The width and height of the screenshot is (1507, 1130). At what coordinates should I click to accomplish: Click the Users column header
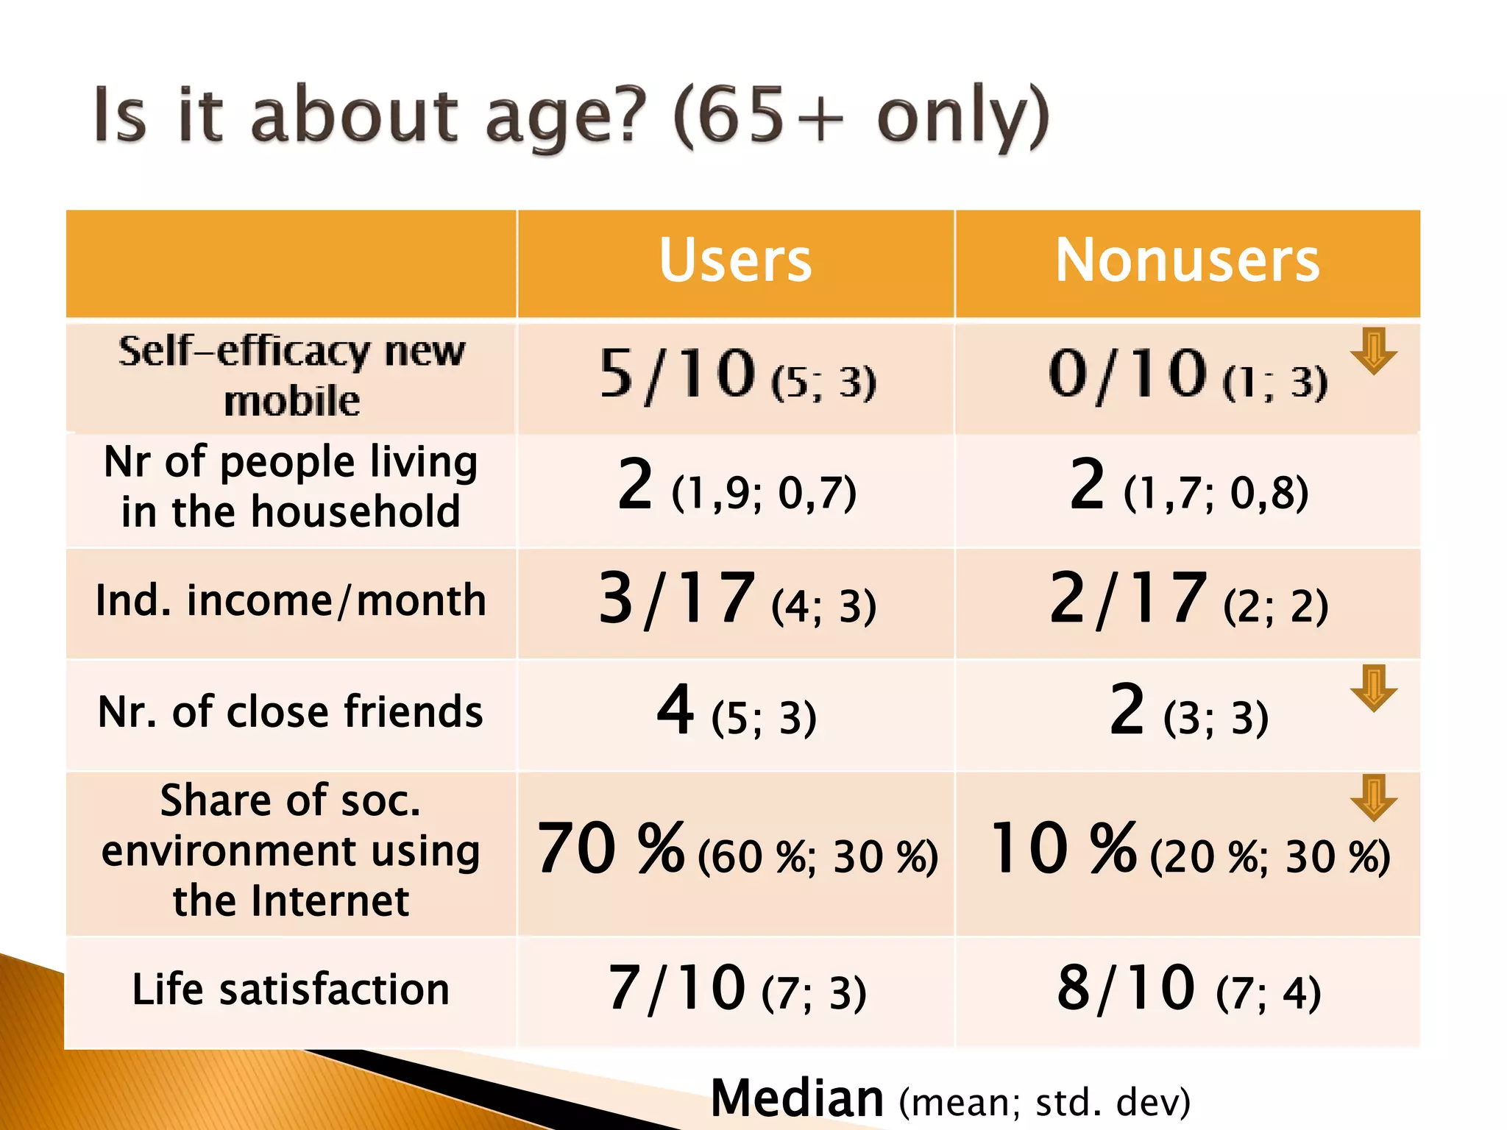[735, 261]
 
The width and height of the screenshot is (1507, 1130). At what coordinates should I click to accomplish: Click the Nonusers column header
[1187, 261]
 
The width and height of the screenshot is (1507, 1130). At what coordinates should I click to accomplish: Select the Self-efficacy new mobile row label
[291, 376]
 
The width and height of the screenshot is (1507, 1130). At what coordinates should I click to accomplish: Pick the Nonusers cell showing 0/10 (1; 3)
[1187, 377]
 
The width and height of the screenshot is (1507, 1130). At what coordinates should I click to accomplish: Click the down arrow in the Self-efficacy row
[1373, 351]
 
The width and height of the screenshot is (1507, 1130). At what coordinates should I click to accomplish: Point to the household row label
[291, 486]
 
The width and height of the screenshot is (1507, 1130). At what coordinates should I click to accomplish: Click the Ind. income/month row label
[291, 600]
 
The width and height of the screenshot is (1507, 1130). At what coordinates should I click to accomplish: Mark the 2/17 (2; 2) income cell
[1188, 600]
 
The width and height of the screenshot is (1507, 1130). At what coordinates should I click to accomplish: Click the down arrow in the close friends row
[1373, 688]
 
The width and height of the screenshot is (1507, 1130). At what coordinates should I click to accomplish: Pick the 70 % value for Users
[611, 850]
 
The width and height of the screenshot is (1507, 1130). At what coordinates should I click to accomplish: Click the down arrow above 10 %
[1373, 797]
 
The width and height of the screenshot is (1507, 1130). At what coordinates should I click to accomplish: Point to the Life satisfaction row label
[291, 989]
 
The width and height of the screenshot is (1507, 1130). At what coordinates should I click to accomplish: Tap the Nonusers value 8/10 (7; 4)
[1188, 989]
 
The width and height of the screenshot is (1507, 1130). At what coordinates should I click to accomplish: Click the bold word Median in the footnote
[797, 1098]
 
